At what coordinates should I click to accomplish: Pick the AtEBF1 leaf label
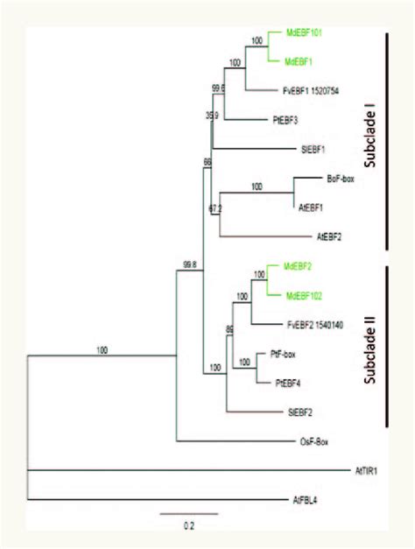(x=311, y=207)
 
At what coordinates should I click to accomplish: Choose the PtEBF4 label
(x=277, y=382)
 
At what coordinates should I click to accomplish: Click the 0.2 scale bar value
(x=187, y=525)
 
